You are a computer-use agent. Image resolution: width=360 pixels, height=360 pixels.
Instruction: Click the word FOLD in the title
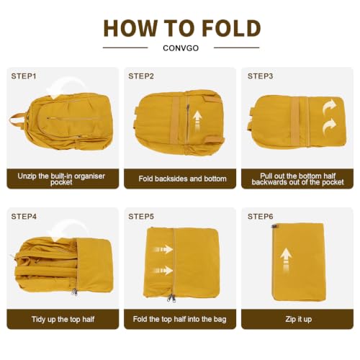(x=231, y=29)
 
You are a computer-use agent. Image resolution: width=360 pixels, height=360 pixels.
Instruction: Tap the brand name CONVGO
(x=181, y=48)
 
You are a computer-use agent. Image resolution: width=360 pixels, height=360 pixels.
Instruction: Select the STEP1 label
(x=24, y=76)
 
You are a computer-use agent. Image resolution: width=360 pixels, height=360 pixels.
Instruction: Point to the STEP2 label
(x=141, y=76)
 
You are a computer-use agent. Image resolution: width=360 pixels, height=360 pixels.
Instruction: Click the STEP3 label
(x=260, y=76)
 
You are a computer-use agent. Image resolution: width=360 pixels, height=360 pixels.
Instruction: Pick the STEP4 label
(x=24, y=217)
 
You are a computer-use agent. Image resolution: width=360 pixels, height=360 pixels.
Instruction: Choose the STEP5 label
(x=141, y=217)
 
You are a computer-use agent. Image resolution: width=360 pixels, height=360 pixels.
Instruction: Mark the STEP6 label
(x=260, y=217)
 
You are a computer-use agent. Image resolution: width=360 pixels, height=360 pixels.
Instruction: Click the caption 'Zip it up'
(x=298, y=319)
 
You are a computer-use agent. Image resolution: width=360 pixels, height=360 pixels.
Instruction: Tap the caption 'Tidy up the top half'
(x=63, y=319)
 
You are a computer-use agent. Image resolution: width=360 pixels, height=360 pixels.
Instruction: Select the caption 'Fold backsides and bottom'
(x=182, y=179)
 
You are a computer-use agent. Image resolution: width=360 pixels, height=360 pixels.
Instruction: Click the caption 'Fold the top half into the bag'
(x=180, y=319)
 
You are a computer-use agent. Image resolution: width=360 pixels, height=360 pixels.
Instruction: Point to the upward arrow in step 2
(x=197, y=121)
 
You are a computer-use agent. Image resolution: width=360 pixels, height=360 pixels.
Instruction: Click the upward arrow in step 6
(x=286, y=261)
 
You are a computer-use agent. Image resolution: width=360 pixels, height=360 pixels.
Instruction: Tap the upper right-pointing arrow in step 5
(x=163, y=250)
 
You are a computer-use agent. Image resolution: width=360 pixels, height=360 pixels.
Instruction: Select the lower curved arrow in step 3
(x=329, y=126)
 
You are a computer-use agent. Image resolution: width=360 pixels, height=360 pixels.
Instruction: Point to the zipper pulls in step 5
(x=171, y=298)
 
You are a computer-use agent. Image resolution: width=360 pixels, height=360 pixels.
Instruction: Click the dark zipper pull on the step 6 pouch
(x=274, y=226)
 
